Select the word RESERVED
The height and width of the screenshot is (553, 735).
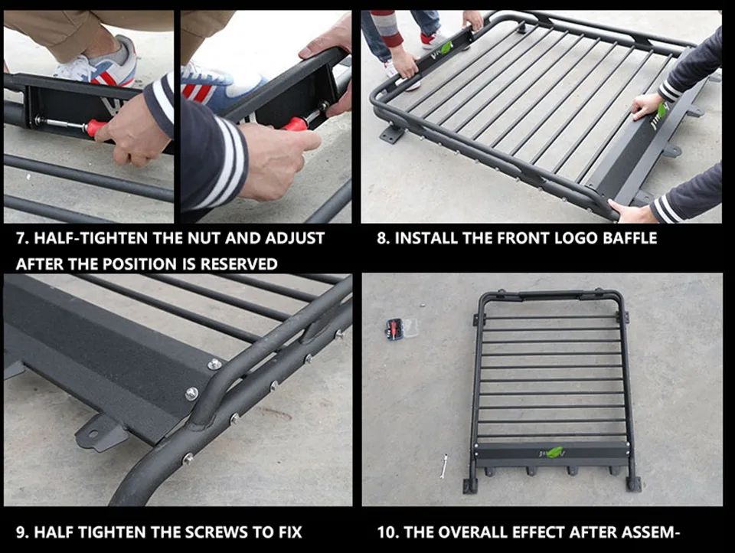pyautogui.click(x=239, y=264)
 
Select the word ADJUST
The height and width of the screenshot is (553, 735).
pyautogui.click(x=295, y=238)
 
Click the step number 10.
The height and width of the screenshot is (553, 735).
pyautogui.click(x=387, y=532)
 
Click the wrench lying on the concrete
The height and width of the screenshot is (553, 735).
pyautogui.click(x=444, y=466)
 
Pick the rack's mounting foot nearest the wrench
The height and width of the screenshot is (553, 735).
pyautogui.click(x=470, y=486)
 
